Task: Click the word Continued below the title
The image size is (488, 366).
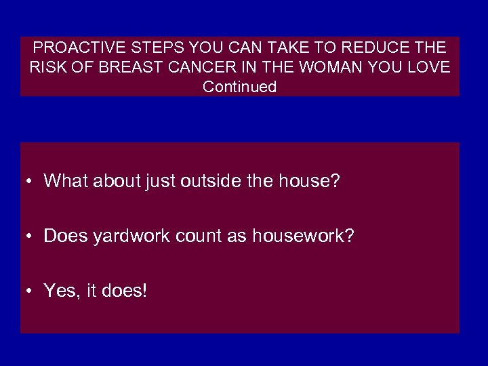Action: tap(240, 87)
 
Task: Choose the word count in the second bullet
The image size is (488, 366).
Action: tap(201, 236)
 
